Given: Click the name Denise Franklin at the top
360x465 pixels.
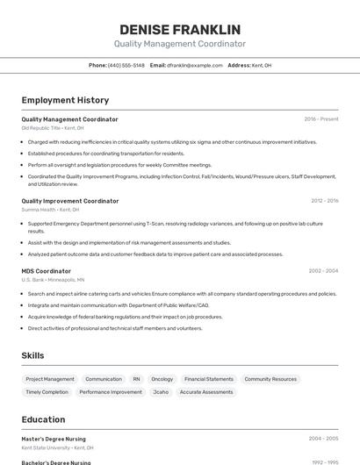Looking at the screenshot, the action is (x=180, y=30).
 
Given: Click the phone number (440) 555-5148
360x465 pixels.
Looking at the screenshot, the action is (x=126, y=65).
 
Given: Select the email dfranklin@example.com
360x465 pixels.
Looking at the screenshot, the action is (x=195, y=65).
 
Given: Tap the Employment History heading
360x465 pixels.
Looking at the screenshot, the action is (x=65, y=100).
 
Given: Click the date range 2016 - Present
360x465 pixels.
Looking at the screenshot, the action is (x=321, y=119).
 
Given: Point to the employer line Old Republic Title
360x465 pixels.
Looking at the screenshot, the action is (x=53, y=128).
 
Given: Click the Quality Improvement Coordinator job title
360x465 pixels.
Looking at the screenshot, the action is (x=70, y=201).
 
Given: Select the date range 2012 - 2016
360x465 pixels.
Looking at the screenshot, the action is (x=324, y=201).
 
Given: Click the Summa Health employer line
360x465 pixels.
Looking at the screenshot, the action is (x=50, y=210).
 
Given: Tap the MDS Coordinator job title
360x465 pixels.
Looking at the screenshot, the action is (x=47, y=271).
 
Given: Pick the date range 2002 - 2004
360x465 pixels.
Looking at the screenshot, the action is (x=324, y=271).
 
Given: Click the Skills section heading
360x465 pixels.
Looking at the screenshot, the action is (x=33, y=355).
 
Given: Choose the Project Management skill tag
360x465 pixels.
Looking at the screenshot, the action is (x=50, y=379).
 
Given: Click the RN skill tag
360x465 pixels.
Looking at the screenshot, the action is (x=136, y=379).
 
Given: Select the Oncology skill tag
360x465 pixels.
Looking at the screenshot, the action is (x=162, y=379).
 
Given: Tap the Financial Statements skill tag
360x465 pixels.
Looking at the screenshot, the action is (x=209, y=379).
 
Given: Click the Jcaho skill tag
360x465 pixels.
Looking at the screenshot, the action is (x=161, y=392).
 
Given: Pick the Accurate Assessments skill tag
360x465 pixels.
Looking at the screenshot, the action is (x=206, y=392).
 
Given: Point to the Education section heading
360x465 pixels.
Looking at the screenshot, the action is (x=43, y=419).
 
